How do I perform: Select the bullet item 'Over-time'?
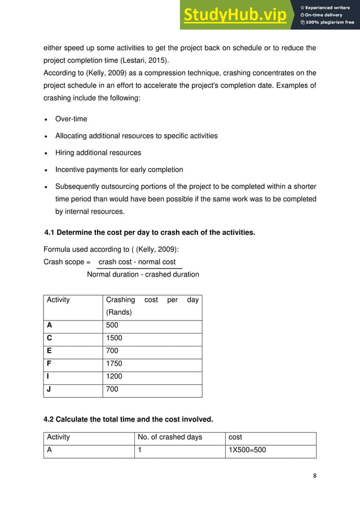click(71, 119)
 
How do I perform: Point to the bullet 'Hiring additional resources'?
click(98, 152)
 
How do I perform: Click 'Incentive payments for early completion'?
click(119, 169)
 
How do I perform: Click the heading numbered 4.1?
click(150, 232)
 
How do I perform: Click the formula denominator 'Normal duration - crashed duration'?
click(143, 274)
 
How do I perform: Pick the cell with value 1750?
click(114, 363)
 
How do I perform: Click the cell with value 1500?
click(114, 338)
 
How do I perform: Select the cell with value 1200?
click(114, 376)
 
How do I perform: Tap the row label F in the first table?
click(49, 363)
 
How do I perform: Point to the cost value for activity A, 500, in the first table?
click(112, 325)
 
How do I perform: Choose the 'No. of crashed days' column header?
click(170, 437)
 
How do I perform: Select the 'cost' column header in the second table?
click(235, 437)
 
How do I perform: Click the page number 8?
click(315, 475)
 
